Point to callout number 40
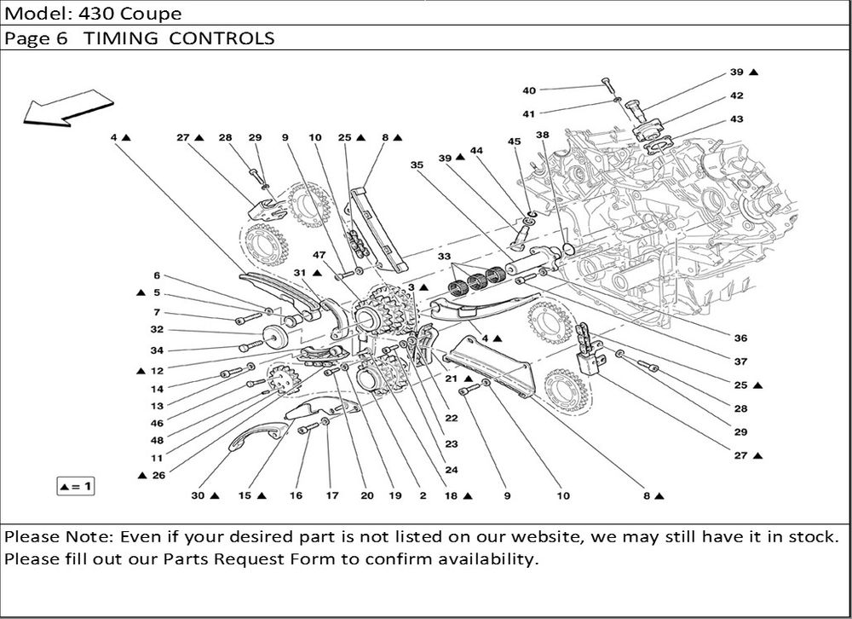[x=529, y=90]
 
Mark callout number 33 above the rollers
[x=445, y=256]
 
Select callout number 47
[x=319, y=255]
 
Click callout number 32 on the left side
[x=157, y=329]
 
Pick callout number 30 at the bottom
[x=198, y=495]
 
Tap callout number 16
[x=296, y=495]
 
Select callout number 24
[x=452, y=470]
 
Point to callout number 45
[x=514, y=142]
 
